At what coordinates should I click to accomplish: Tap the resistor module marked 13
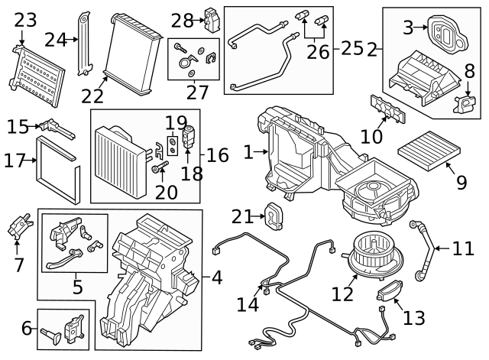tap(392, 291)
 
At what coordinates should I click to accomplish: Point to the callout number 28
tap(183, 19)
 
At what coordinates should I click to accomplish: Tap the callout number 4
tap(216, 277)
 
